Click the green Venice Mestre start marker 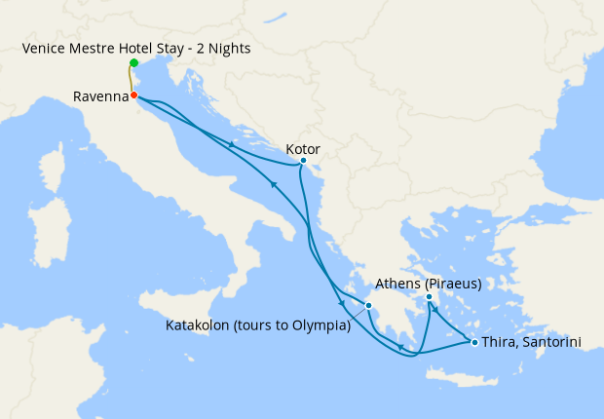[133, 63]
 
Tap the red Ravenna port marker [133, 95]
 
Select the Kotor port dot [303, 160]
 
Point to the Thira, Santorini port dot [474, 342]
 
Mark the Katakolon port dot [368, 306]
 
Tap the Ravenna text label [100, 96]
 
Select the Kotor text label [303, 149]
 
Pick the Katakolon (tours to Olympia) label [257, 325]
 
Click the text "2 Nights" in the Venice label [223, 48]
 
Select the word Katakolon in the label [196, 325]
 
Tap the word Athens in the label [396, 285]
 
